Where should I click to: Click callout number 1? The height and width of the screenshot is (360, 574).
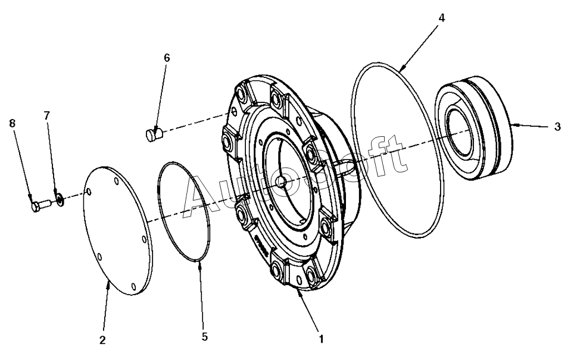[321, 339]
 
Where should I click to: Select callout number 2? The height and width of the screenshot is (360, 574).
[102, 340]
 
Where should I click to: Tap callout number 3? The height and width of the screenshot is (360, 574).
[557, 127]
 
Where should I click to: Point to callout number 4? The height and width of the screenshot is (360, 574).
[441, 17]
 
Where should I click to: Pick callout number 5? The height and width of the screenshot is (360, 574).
[204, 336]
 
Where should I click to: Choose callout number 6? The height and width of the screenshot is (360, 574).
[166, 58]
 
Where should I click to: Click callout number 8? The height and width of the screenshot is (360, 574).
[13, 123]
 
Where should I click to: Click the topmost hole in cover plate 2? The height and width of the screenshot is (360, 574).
[88, 192]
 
